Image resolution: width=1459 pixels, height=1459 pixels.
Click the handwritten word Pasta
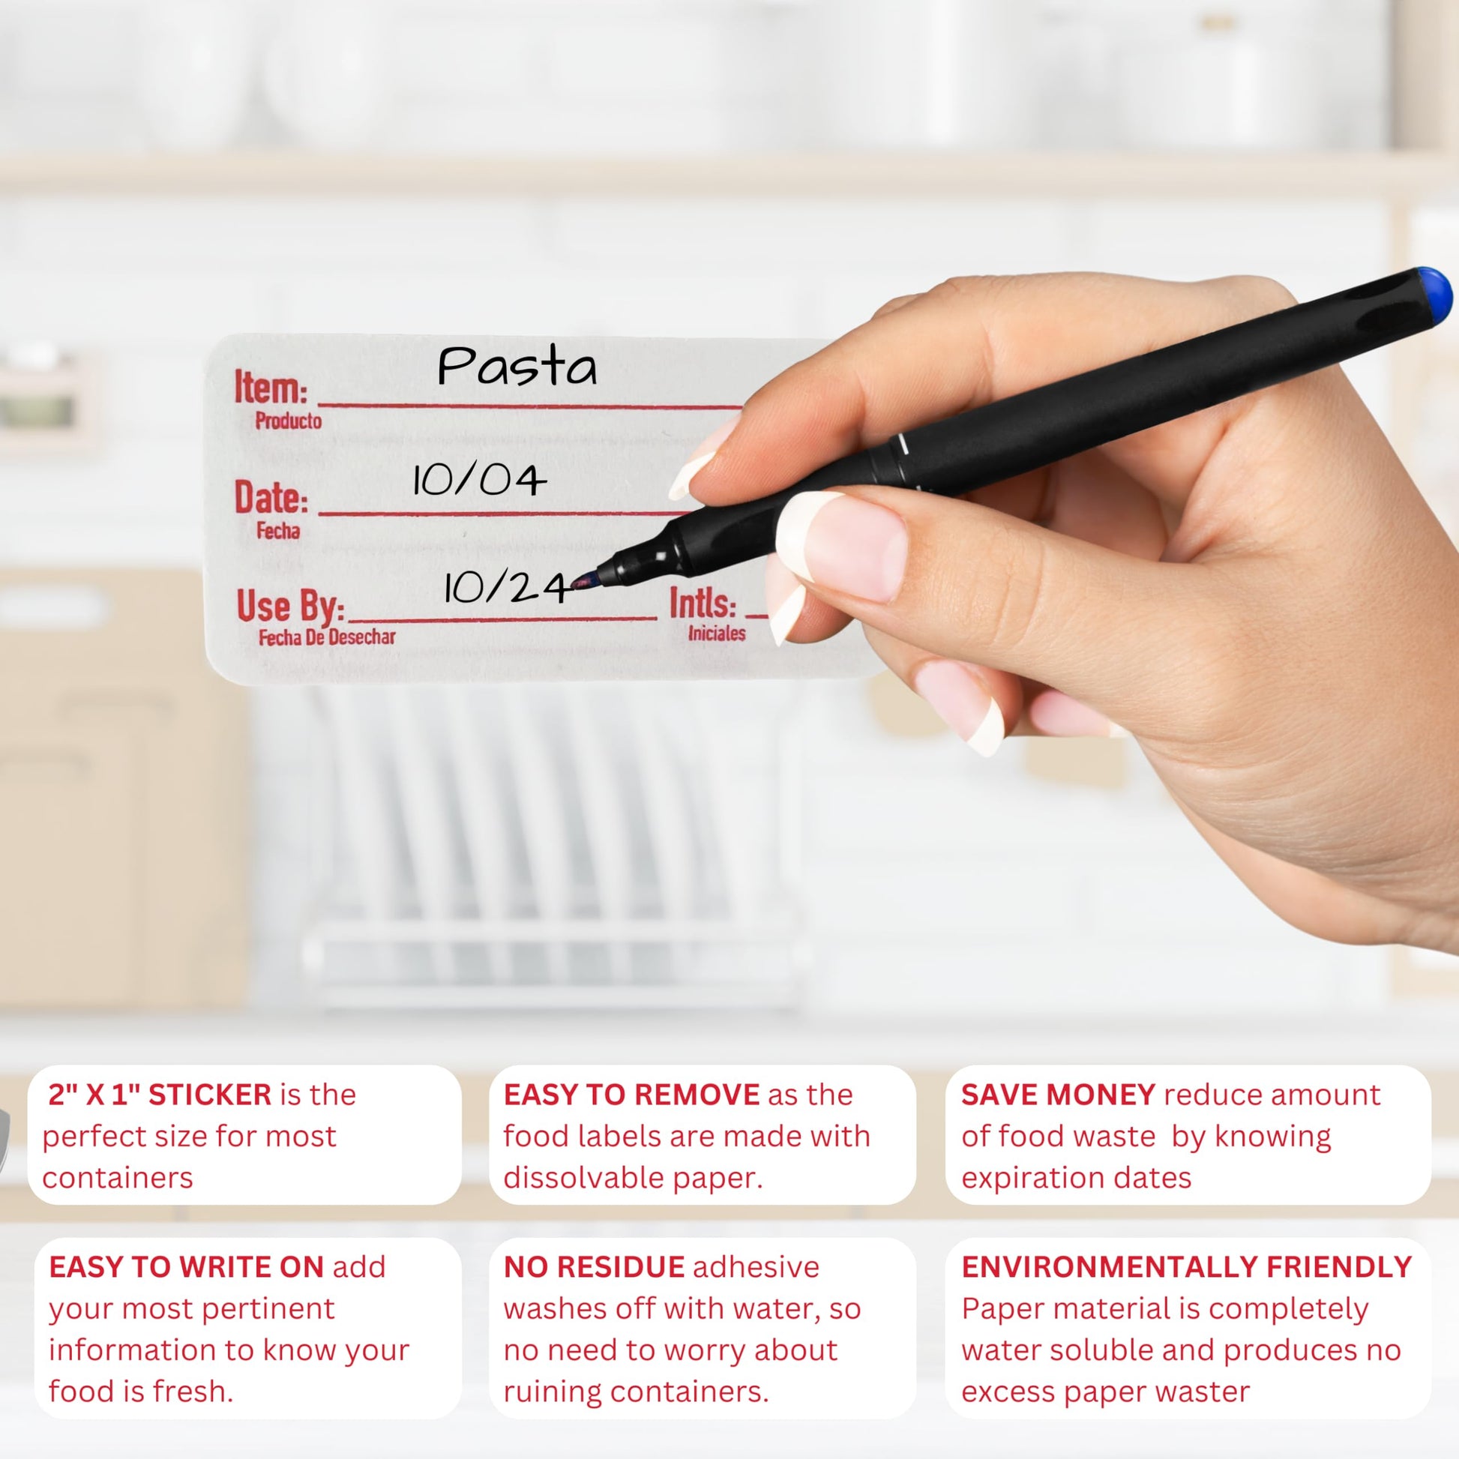click(x=517, y=367)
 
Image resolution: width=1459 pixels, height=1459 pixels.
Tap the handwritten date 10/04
click(x=479, y=480)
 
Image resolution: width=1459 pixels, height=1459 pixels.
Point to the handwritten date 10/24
click(x=505, y=588)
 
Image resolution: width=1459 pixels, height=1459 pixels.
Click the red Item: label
click(x=271, y=388)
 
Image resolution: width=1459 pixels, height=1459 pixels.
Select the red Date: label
click(x=271, y=498)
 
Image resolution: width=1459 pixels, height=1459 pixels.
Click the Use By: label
click(x=291, y=607)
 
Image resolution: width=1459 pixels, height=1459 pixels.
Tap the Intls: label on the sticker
click(x=703, y=603)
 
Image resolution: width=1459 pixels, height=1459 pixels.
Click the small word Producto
click(x=289, y=421)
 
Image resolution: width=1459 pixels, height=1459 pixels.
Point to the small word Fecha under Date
click(x=278, y=531)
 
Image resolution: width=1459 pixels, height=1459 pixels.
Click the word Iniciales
click(x=717, y=633)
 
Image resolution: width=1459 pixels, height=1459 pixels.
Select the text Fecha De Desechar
click(x=327, y=637)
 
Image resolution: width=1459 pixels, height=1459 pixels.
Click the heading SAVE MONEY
click(x=1058, y=1095)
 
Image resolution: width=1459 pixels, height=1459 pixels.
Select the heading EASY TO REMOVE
click(x=631, y=1095)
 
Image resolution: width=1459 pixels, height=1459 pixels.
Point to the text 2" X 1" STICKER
click(x=160, y=1095)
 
